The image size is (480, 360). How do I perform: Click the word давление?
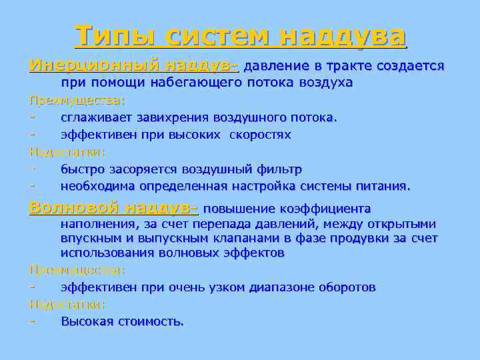pyautogui.click(x=277, y=67)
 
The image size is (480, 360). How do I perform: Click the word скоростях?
pyautogui.click(x=260, y=135)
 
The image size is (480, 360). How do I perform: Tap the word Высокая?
pyautogui.click(x=87, y=321)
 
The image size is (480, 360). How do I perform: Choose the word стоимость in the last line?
pyautogui.click(x=151, y=321)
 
